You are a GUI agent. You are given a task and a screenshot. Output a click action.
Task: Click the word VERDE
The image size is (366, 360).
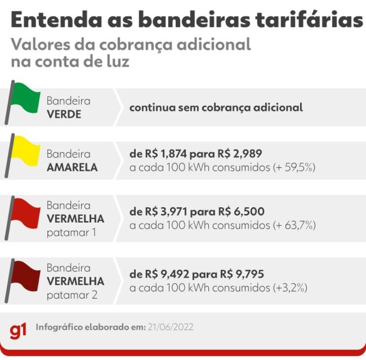click(x=64, y=114)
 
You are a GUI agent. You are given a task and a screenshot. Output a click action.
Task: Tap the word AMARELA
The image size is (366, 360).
click(x=72, y=168)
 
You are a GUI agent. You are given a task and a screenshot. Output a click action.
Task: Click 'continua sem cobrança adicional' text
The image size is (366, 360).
click(x=216, y=107)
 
